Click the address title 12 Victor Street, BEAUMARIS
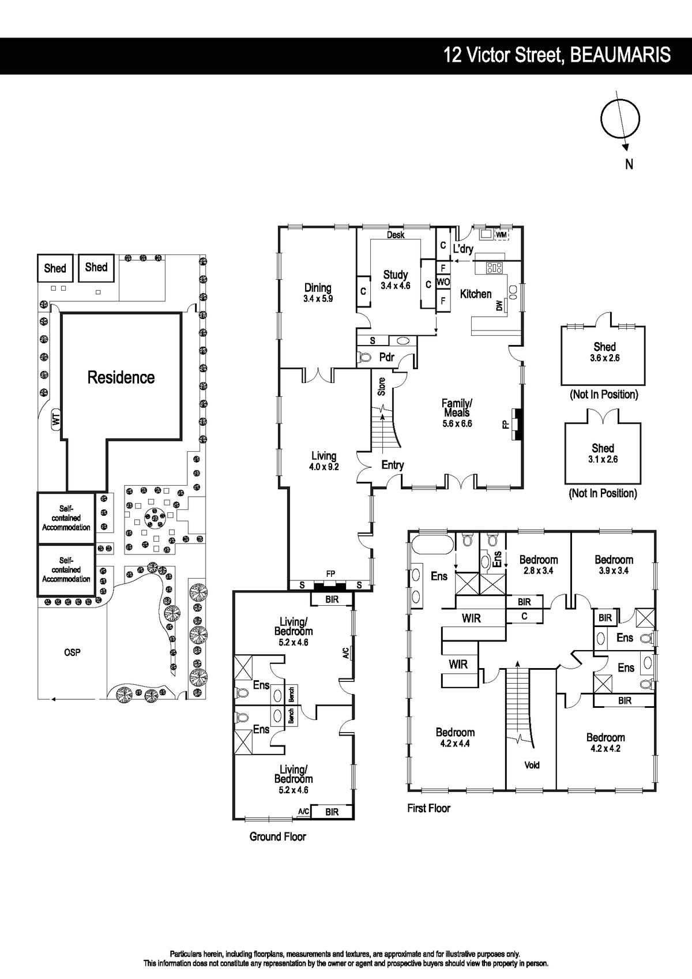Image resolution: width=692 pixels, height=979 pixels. (556, 55)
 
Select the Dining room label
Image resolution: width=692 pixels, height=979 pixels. (318, 287)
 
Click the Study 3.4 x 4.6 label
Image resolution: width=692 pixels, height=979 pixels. (396, 280)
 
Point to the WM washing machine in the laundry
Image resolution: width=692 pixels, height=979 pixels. (501, 235)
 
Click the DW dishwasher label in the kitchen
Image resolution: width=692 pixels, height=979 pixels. (499, 305)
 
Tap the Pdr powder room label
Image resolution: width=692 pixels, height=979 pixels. (386, 357)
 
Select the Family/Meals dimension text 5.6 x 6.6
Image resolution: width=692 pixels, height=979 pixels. (457, 423)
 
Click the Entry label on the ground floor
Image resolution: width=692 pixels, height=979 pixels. (393, 465)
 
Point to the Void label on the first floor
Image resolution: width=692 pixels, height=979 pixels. (532, 765)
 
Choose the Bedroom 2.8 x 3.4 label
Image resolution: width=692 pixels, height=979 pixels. (539, 565)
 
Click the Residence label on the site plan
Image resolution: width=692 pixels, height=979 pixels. (121, 377)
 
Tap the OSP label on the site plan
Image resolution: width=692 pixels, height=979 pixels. (72, 652)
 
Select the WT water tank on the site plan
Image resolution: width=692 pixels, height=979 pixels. (56, 420)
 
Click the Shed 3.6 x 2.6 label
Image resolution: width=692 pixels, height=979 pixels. (604, 352)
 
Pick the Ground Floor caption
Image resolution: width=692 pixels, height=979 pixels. (277, 837)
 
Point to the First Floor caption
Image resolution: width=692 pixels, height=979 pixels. (428, 808)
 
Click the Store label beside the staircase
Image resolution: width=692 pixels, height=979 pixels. (382, 387)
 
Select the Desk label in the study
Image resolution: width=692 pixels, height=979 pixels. (396, 235)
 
